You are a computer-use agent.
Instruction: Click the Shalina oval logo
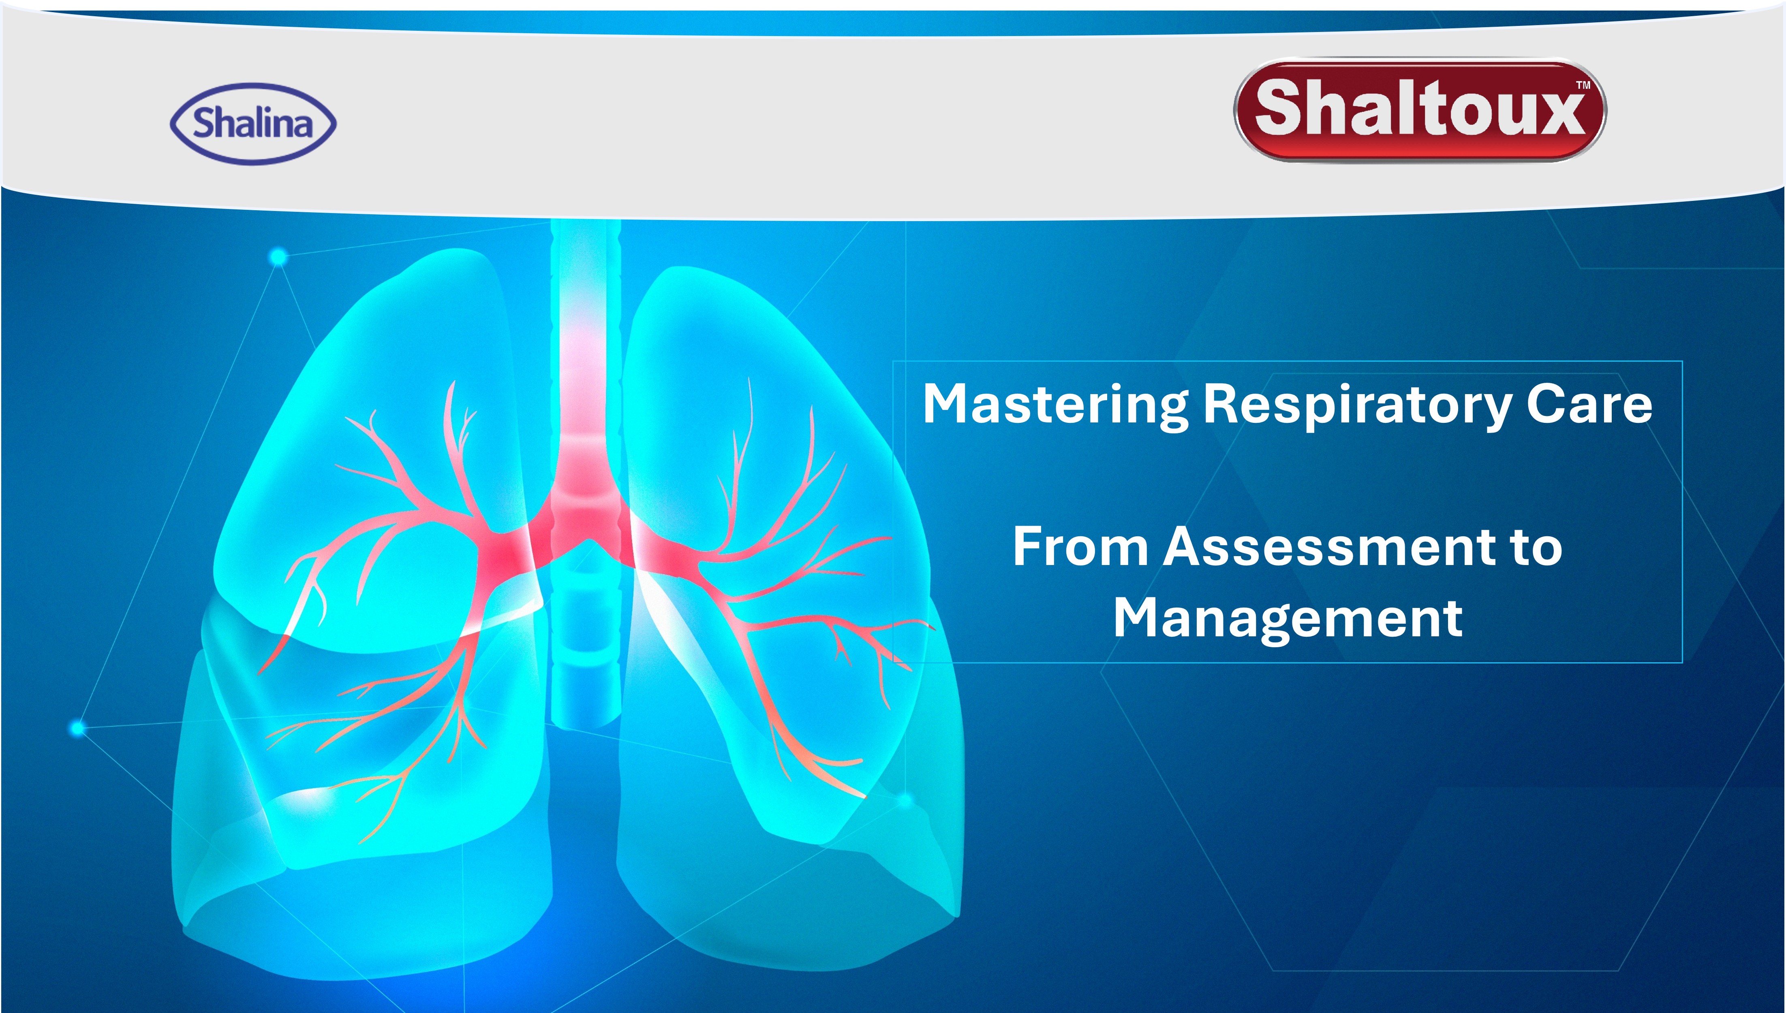[253, 124]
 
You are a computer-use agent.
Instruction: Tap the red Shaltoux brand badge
[1420, 110]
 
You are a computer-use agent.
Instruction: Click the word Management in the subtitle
[1288, 618]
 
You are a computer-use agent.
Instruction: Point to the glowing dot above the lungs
[278, 258]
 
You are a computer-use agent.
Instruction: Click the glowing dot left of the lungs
[78, 728]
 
